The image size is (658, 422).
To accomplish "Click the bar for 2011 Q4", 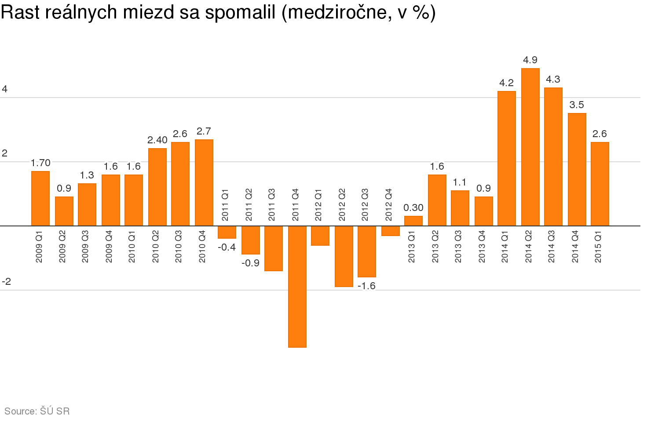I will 297,286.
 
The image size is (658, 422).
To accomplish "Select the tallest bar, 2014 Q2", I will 530,147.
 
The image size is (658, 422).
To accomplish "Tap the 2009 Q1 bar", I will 40,198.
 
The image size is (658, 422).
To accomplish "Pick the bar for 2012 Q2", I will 344,256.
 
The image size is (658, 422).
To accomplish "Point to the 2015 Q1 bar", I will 600,184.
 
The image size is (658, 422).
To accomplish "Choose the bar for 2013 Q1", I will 413,221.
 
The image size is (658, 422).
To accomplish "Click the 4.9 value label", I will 530,60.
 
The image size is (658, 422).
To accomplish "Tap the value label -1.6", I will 367,286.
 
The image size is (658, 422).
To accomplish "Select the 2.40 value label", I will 157,140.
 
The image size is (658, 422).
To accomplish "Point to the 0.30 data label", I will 413,207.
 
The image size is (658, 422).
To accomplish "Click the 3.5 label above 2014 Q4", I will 577,105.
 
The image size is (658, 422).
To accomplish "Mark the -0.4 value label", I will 227,247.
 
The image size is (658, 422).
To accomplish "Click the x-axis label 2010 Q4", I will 202,247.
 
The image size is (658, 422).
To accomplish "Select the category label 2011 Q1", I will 225,205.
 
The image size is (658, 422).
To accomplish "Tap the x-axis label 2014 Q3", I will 552,247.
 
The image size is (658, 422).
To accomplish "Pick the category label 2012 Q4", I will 389,205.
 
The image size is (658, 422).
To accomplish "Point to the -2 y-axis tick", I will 6,281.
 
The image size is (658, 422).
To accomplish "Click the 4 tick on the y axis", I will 5,89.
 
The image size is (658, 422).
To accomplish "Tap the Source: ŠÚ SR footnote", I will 37,411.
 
